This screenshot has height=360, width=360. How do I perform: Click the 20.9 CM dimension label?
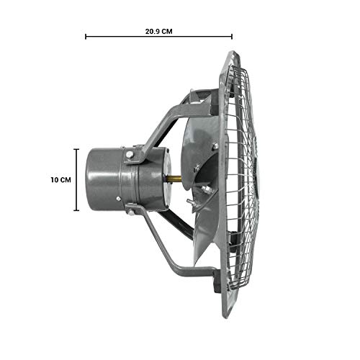point(158,32)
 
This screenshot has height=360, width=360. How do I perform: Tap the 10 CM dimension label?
point(60,180)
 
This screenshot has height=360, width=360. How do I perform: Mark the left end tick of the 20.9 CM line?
point(86,37)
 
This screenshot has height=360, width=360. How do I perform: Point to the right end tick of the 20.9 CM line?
point(232,37)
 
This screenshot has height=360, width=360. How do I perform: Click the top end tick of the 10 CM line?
point(76,149)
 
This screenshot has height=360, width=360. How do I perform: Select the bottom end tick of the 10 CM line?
point(76,210)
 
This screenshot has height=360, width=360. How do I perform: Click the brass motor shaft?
point(175,179)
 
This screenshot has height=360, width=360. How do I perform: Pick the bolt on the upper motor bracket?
point(130,155)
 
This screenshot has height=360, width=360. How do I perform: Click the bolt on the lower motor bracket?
point(131,212)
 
